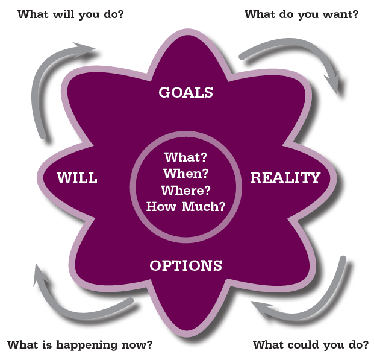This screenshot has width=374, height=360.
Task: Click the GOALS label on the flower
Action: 186,92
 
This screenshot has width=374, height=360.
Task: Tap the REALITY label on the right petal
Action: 285,177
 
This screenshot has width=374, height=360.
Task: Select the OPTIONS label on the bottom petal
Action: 186,265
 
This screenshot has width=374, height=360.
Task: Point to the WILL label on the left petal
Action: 77,177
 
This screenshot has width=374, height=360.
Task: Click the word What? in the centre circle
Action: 186,157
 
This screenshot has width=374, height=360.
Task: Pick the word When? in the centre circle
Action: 186,174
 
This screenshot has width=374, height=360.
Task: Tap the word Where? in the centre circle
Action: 186,190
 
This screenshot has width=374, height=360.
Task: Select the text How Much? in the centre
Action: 186,207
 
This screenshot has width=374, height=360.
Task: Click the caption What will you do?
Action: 71,14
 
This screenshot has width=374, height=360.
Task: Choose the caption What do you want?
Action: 302,14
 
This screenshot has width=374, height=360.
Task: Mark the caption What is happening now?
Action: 80,345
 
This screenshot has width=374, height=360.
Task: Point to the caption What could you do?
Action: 311,345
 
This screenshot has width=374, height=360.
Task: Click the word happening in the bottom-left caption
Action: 87,345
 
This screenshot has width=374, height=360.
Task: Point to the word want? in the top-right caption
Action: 340,14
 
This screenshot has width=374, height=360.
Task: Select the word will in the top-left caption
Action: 64,14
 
